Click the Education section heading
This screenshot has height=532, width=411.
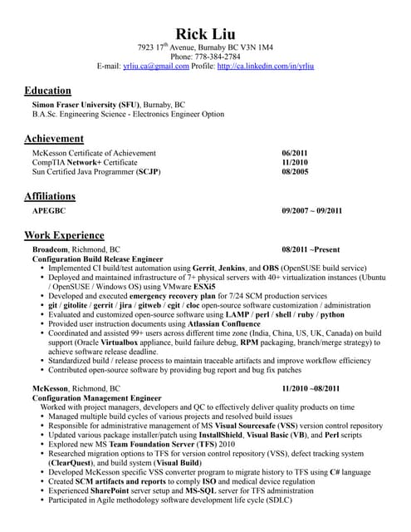pos(47,90)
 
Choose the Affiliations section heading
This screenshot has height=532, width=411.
pos(50,196)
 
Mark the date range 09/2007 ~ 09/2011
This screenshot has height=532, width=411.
pos(311,211)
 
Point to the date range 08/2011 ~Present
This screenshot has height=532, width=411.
pos(311,249)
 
